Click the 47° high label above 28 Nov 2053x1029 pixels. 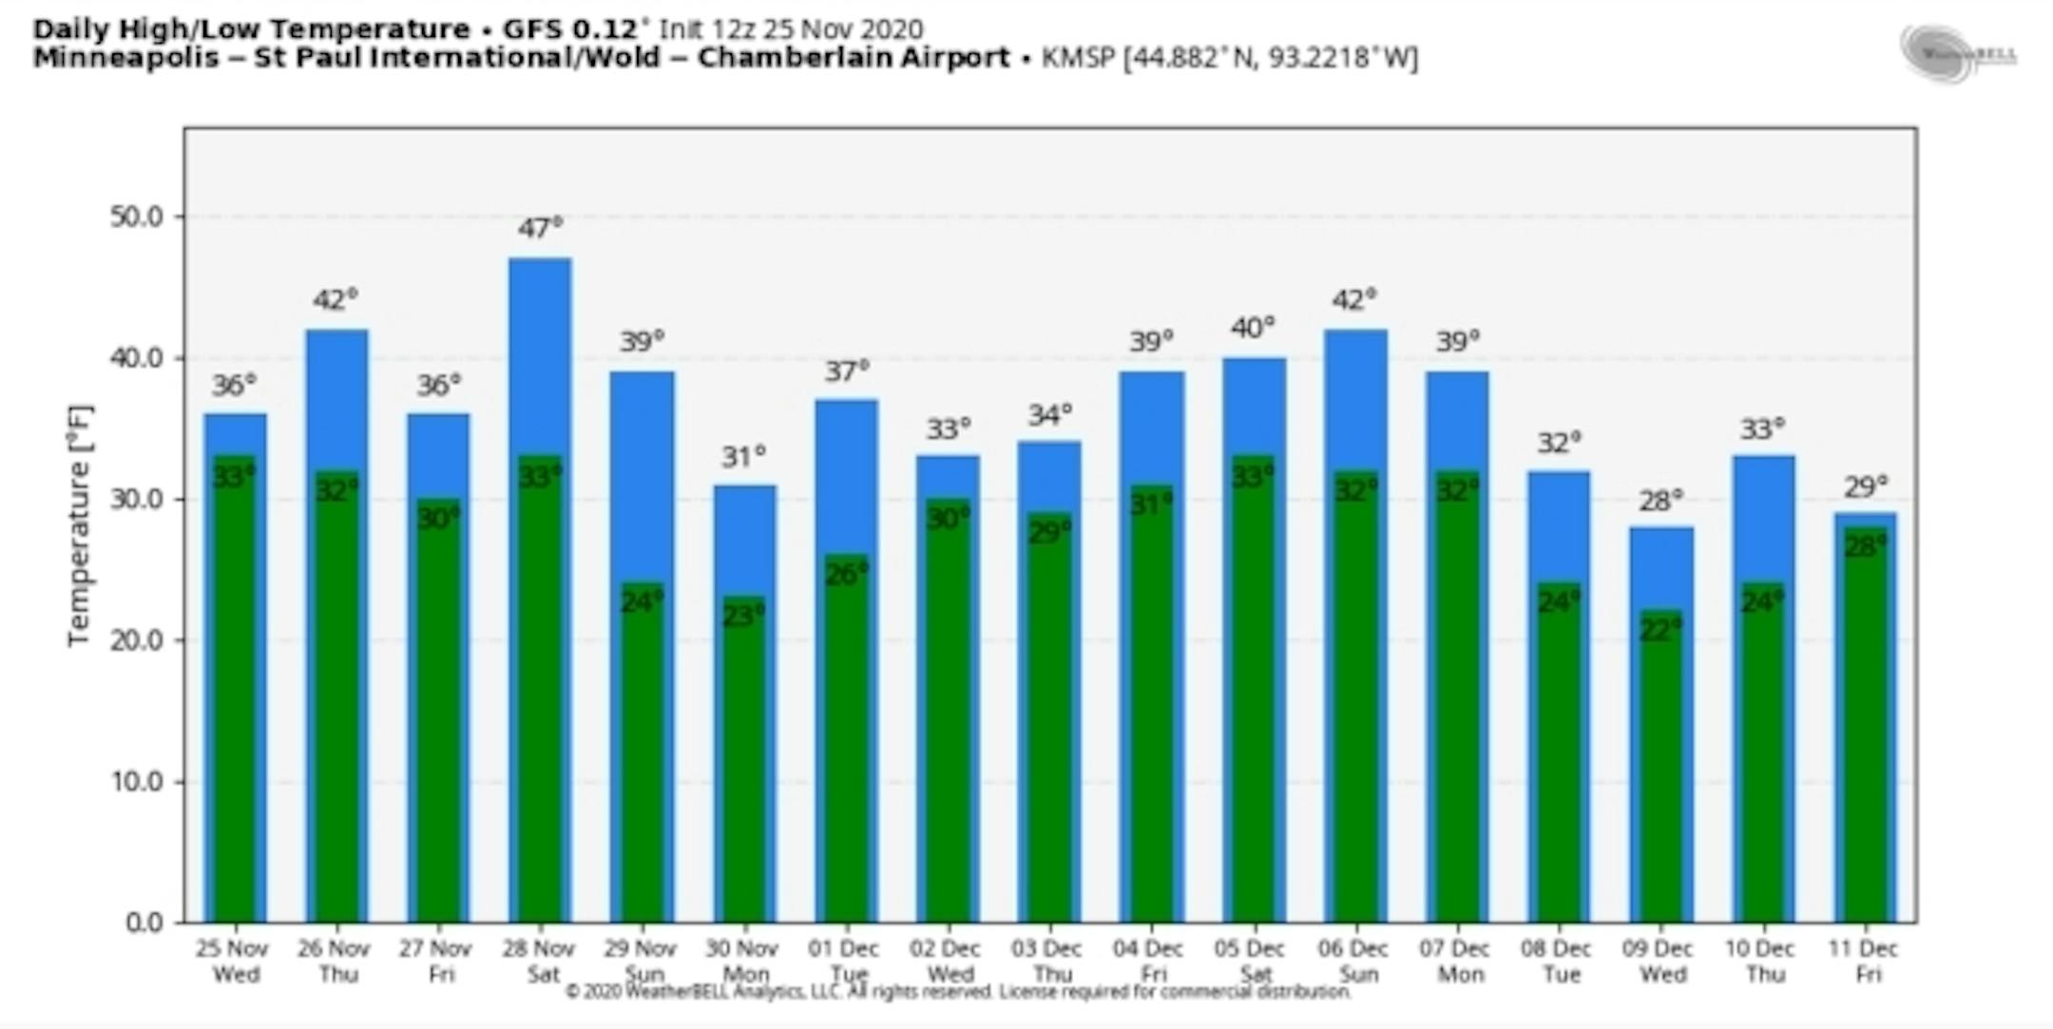click(540, 228)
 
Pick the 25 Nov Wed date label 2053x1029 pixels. click(234, 961)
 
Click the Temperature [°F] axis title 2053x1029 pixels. click(80, 525)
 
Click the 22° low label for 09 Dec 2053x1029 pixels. click(1660, 629)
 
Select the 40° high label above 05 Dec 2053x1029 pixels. click(1253, 328)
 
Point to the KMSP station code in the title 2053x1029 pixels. click(1077, 58)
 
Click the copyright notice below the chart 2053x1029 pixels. click(957, 992)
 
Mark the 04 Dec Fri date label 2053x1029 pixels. click(1149, 961)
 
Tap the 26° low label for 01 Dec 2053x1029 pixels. click(846, 574)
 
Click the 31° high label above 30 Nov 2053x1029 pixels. click(743, 457)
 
